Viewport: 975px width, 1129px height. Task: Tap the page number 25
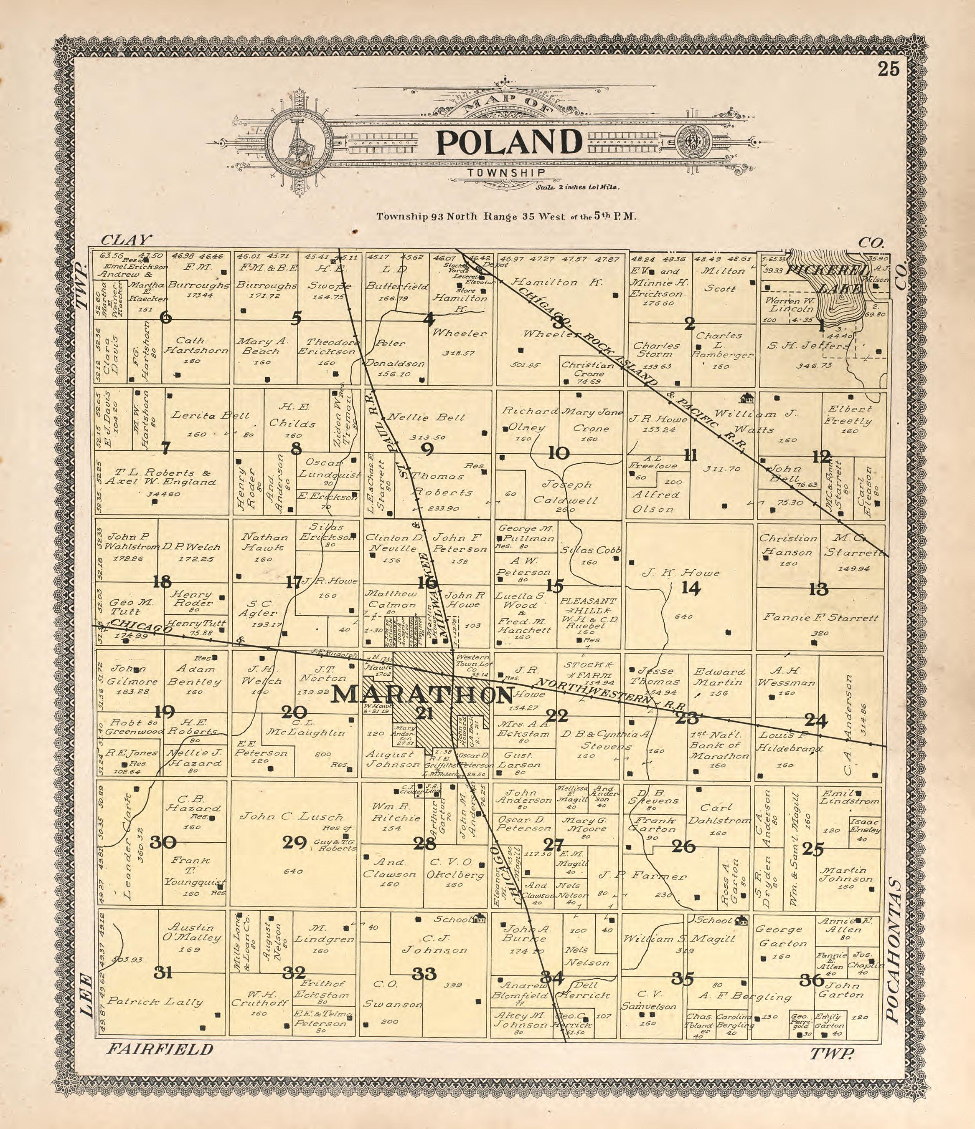[888, 70]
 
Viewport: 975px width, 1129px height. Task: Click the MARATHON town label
[423, 695]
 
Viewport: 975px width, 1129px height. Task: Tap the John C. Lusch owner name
[291, 816]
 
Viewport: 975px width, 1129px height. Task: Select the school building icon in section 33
[480, 918]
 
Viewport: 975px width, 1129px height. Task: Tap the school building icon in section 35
[741, 920]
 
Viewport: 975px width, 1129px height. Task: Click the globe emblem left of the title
[299, 142]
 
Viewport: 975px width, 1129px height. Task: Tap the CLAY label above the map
[125, 240]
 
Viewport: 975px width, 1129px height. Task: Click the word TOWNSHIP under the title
[505, 173]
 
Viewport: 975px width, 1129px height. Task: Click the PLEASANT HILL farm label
[588, 606]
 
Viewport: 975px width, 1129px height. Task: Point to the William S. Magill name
[678, 939]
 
